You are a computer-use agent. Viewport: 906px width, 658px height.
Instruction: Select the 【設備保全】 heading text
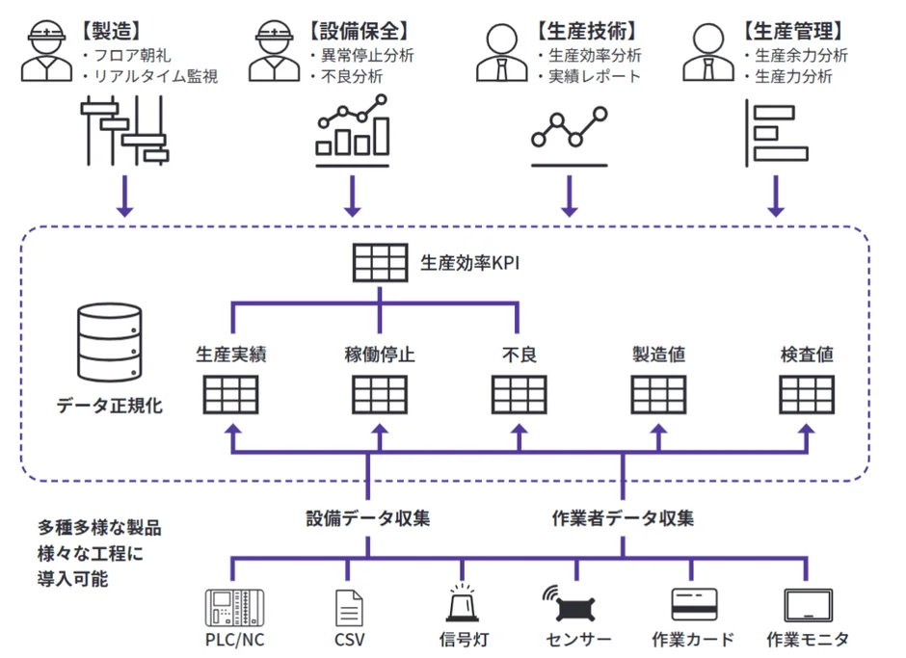click(x=351, y=31)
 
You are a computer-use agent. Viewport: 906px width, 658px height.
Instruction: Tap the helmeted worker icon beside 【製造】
click(x=44, y=50)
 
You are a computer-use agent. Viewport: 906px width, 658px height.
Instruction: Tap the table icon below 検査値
click(x=808, y=393)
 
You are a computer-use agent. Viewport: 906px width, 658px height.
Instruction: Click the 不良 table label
click(x=519, y=355)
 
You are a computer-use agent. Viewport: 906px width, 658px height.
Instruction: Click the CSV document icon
click(x=349, y=607)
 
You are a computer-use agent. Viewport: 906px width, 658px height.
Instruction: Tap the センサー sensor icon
click(x=576, y=604)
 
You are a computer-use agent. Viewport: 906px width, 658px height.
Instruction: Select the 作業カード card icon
click(x=694, y=604)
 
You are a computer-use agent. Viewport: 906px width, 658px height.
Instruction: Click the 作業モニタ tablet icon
click(x=808, y=605)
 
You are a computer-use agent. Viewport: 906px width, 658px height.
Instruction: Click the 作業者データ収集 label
click(x=622, y=518)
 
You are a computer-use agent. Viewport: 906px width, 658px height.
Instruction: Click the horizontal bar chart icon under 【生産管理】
click(x=776, y=131)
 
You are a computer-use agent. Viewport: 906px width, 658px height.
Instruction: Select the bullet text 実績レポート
click(x=594, y=76)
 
